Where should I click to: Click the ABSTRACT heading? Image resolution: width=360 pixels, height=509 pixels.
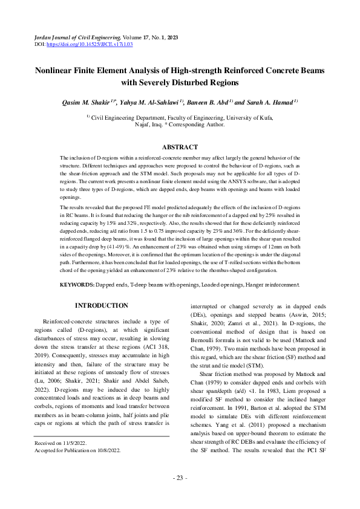pyautogui.click(x=180, y=147)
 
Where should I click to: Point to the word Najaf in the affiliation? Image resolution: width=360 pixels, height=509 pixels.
pyautogui.click(x=145, y=125)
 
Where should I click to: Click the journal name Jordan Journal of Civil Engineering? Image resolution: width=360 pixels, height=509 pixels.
pyautogui.click(x=68, y=37)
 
